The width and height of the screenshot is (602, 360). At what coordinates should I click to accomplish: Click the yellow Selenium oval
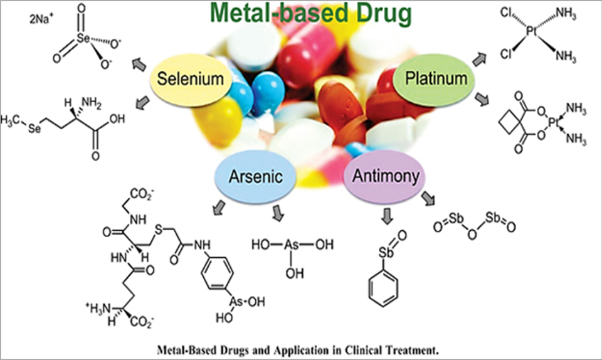pyautogui.click(x=191, y=80)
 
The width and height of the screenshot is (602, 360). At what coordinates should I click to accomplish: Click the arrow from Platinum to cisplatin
pyautogui.click(x=478, y=58)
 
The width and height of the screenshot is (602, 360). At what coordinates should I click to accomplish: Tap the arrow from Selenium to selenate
pyautogui.click(x=137, y=63)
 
